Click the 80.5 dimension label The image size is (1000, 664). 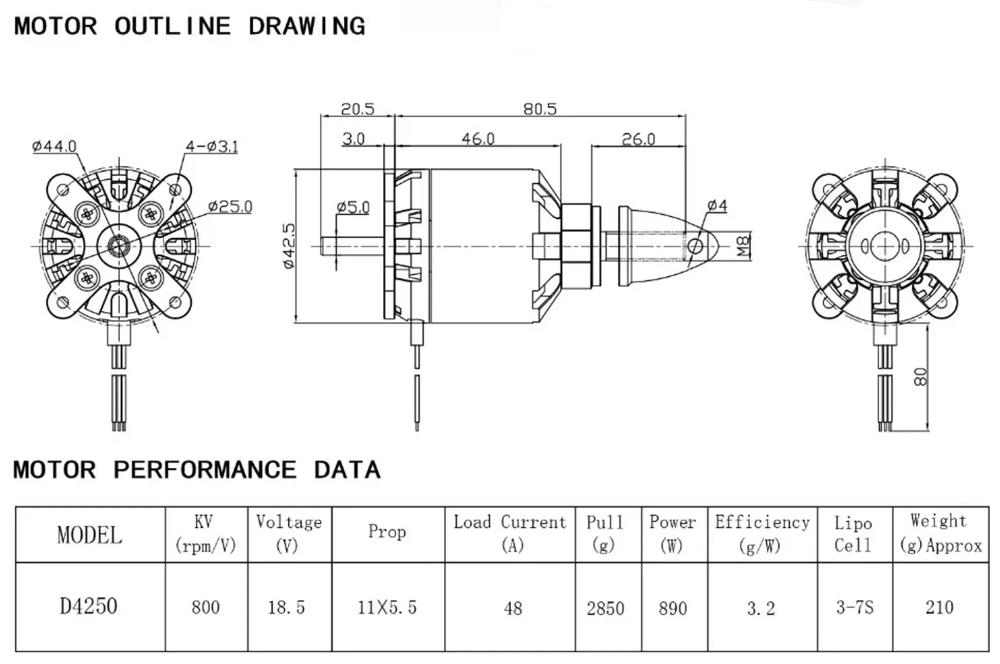click(540, 109)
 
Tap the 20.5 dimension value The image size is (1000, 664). click(358, 109)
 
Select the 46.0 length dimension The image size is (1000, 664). click(477, 139)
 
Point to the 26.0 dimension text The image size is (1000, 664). click(638, 139)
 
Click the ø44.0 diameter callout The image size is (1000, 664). click(54, 146)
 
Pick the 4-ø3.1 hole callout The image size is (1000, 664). click(212, 147)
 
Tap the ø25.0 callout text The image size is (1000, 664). click(230, 206)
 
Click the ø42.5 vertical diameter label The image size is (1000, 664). click(289, 245)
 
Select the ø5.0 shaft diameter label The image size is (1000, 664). click(353, 207)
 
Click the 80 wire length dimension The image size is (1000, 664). click(920, 376)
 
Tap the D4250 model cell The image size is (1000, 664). click(89, 606)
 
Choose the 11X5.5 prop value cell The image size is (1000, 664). click(387, 608)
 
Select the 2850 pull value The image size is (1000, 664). click(605, 609)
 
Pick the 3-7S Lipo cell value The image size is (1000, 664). click(854, 608)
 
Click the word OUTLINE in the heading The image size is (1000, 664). click(173, 26)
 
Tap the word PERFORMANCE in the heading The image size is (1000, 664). click(205, 470)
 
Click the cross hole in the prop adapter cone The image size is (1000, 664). click(695, 246)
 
